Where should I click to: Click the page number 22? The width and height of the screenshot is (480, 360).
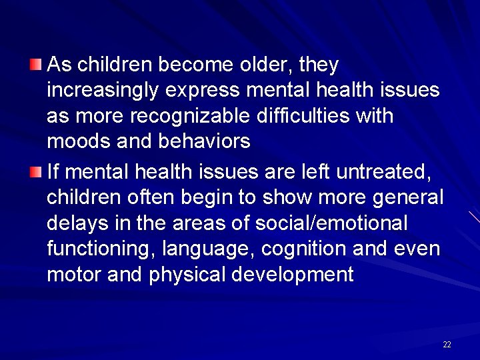[447, 345]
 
